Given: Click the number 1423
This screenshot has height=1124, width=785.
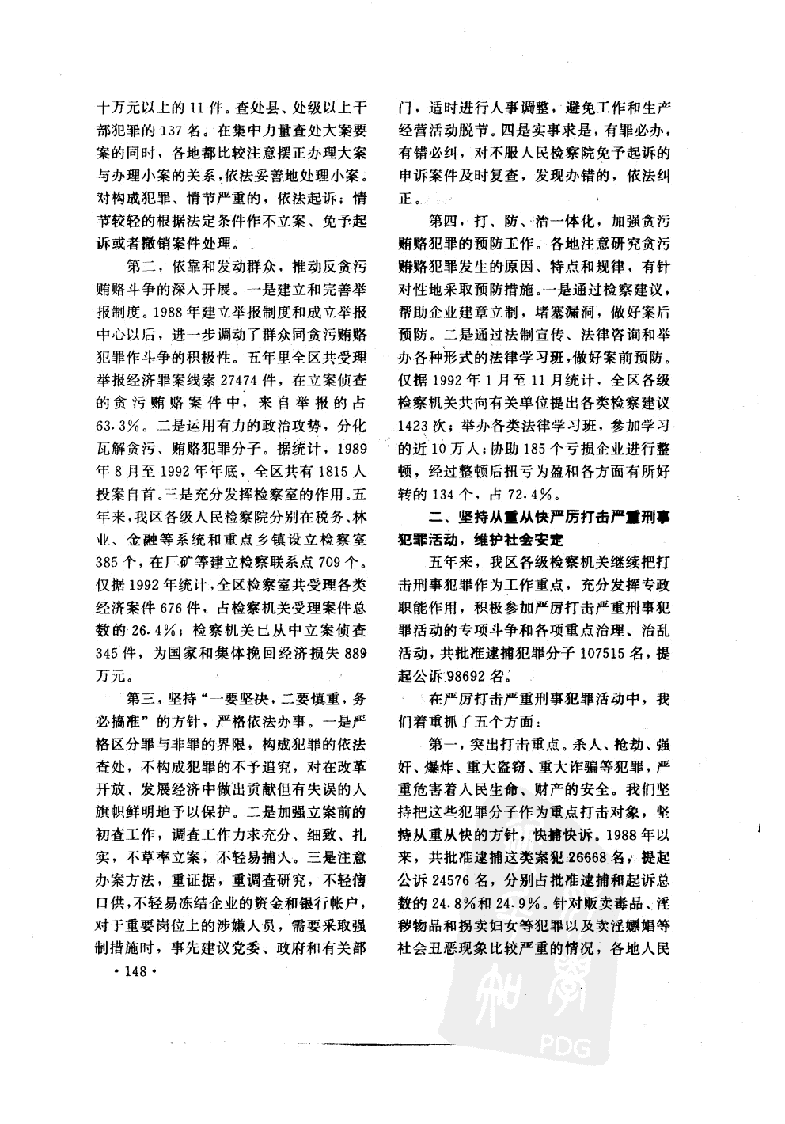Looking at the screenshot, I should tap(415, 425).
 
